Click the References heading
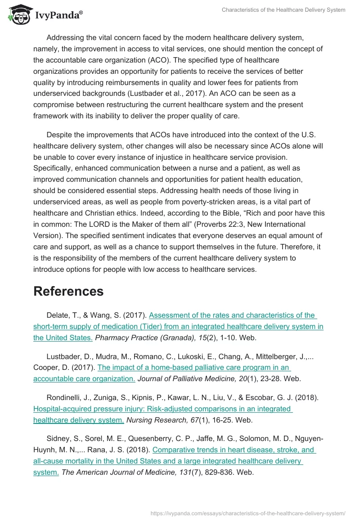[68, 291]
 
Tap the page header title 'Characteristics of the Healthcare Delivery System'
[283, 10]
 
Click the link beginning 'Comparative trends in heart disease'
[234, 450]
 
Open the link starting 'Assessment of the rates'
[232, 315]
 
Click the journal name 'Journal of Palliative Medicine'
[189, 378]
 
